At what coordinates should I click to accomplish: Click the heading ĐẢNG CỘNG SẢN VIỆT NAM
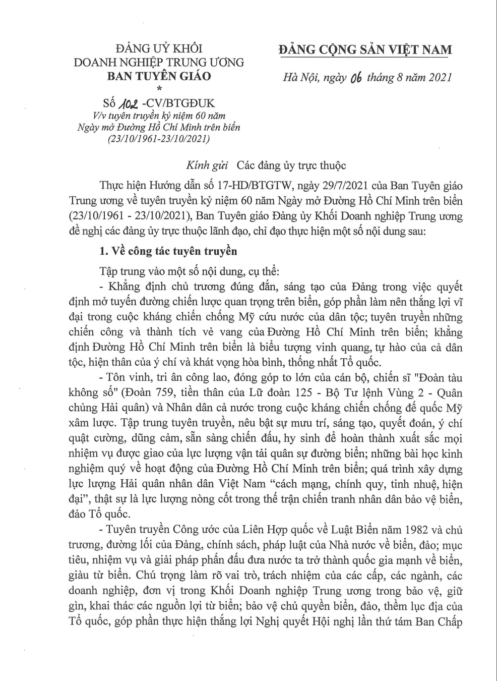(365, 49)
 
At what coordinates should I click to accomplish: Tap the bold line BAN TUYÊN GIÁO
(159, 76)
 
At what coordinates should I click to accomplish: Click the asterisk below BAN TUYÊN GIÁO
(159, 89)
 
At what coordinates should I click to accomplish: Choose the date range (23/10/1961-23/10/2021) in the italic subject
(159, 138)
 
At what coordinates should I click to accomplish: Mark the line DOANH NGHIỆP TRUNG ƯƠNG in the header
(159, 63)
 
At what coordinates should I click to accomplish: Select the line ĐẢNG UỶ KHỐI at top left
(159, 49)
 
